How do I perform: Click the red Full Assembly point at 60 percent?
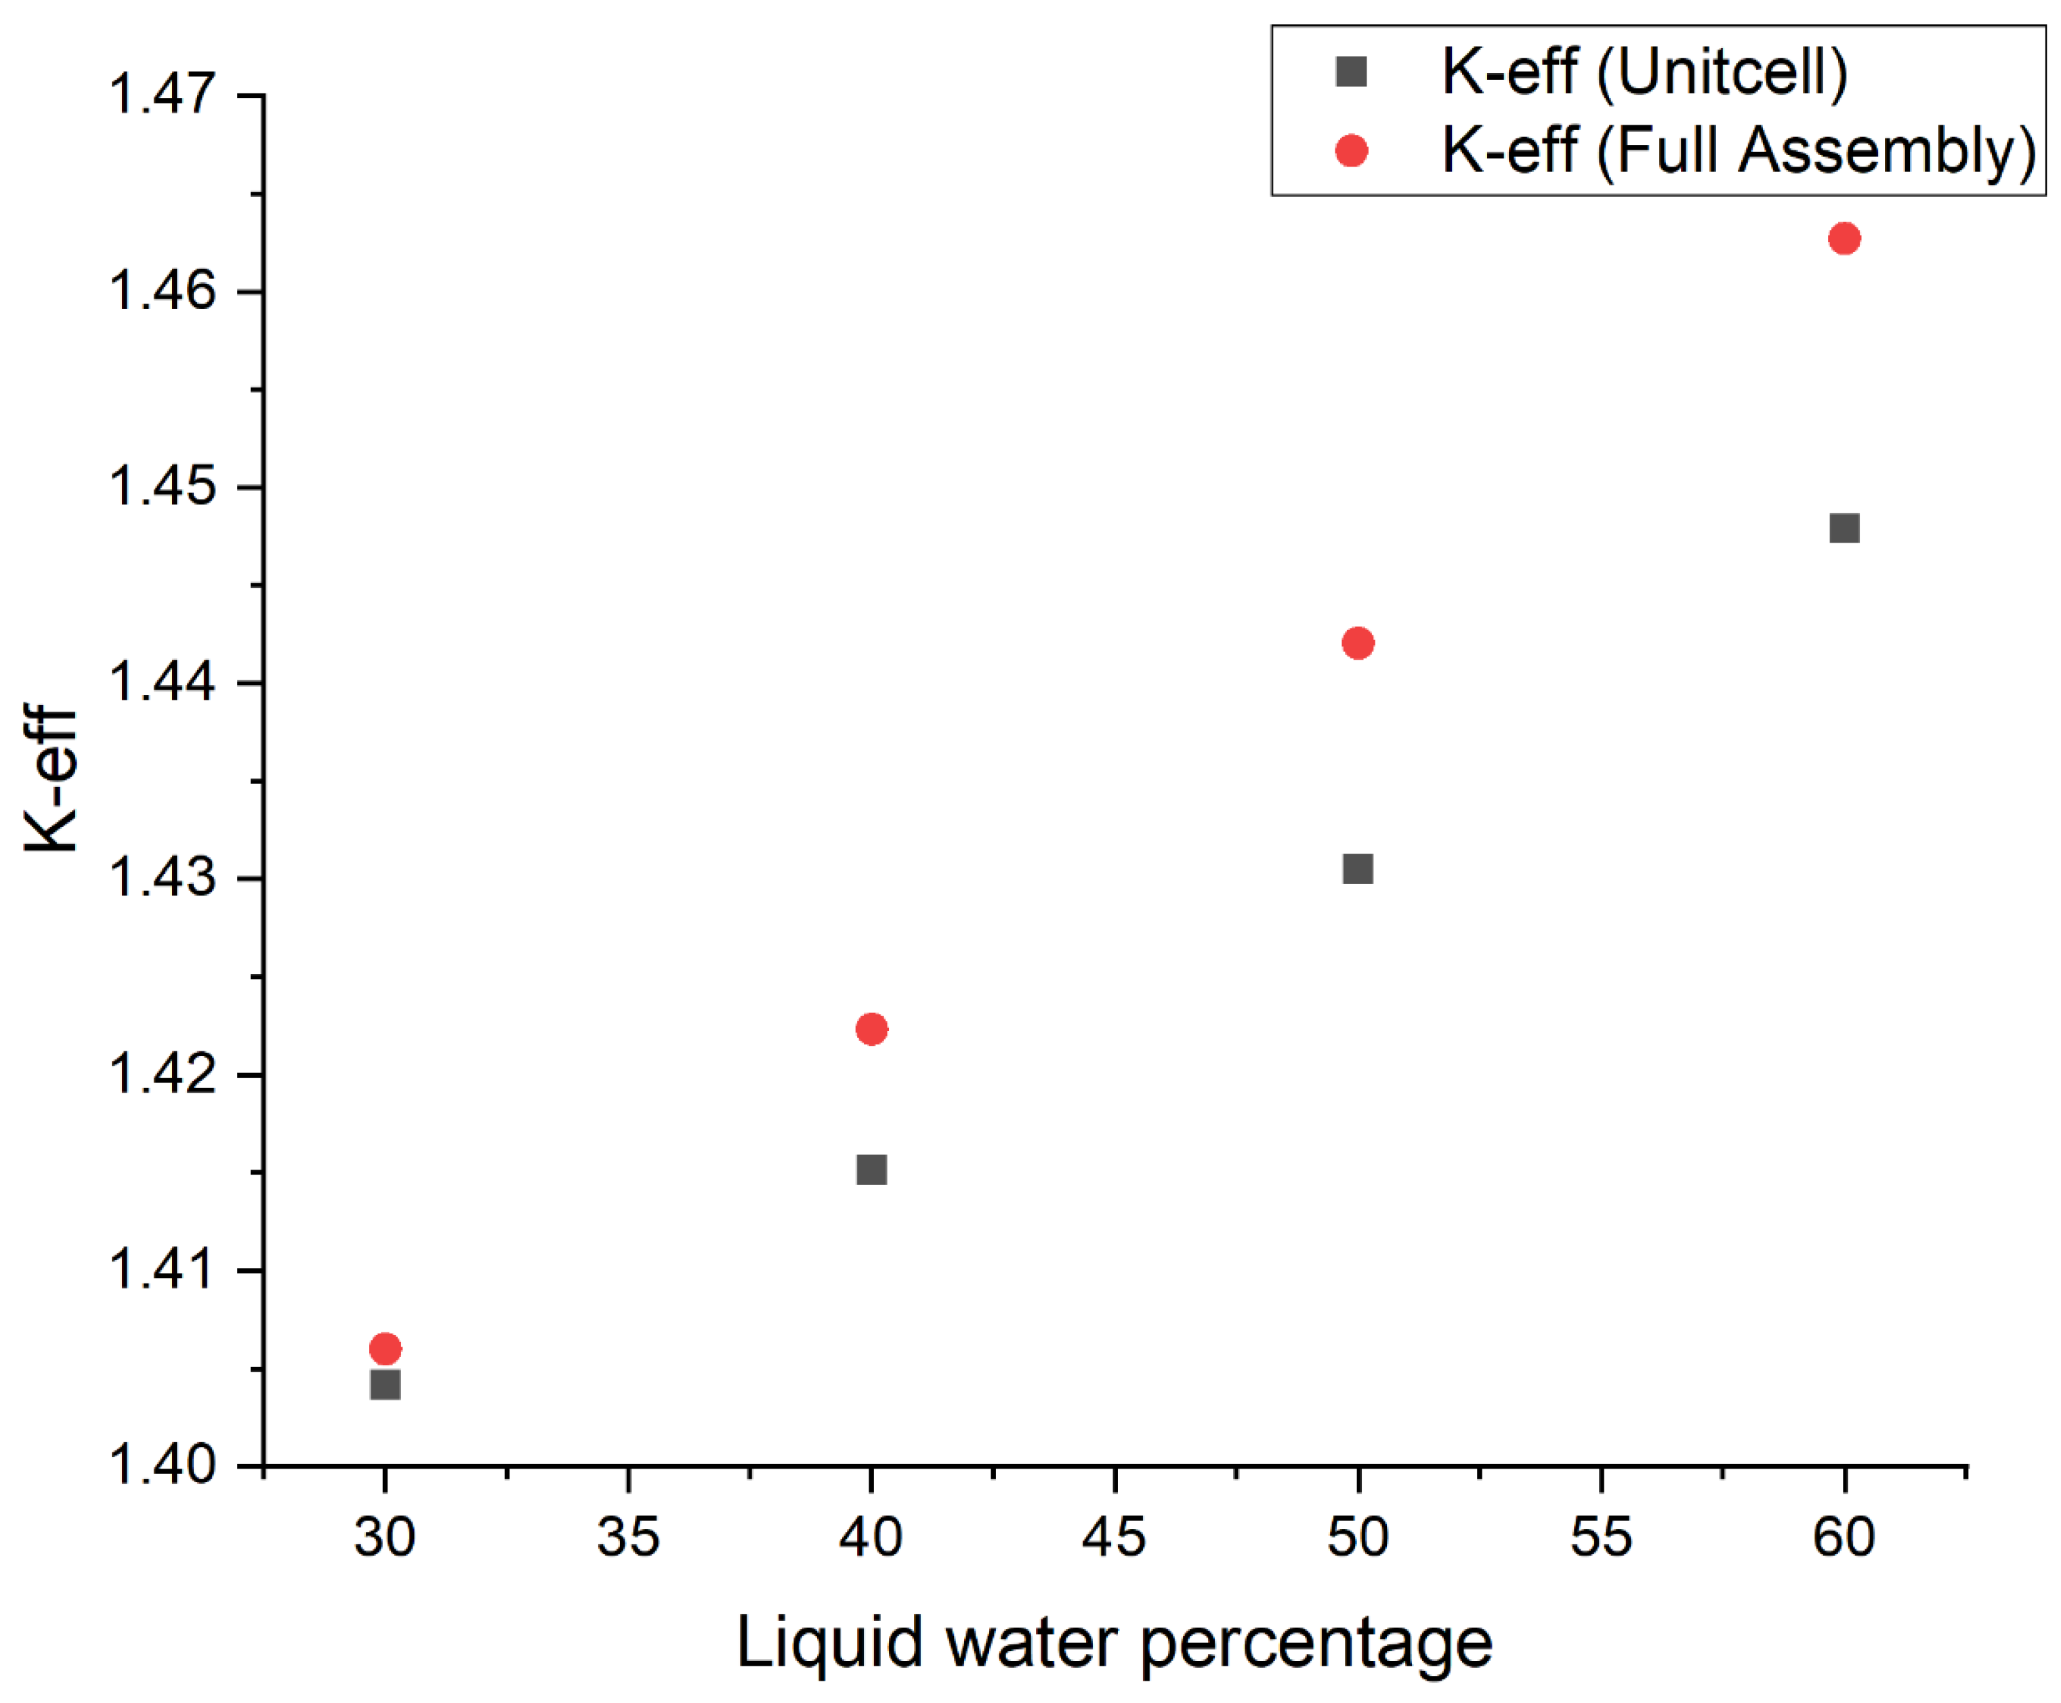(x=1844, y=238)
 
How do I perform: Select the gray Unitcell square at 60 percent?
(x=1844, y=528)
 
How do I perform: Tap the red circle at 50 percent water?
(x=1358, y=644)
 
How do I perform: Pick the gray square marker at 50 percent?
(x=1358, y=869)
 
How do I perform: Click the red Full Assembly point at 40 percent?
(x=871, y=1029)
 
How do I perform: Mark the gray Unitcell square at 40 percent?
(x=871, y=1169)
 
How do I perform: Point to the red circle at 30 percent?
(x=386, y=1349)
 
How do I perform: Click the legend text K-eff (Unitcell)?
(x=1644, y=72)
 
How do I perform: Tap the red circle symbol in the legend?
(x=1352, y=150)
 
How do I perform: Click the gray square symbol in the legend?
(x=1352, y=72)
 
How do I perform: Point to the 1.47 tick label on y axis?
(x=162, y=95)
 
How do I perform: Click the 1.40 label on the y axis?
(x=162, y=1467)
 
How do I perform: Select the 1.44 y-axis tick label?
(x=162, y=683)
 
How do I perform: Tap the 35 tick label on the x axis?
(x=628, y=1537)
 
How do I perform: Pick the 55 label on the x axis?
(x=1601, y=1537)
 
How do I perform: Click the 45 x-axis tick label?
(x=1115, y=1537)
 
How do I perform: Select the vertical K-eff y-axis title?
(x=51, y=780)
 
